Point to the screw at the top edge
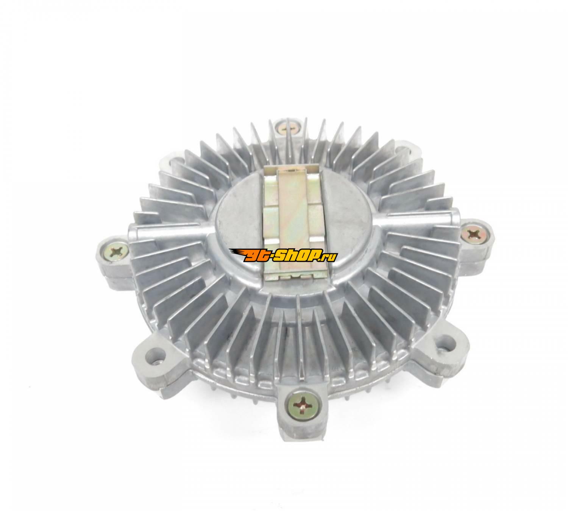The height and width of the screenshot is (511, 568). coord(287,129)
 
